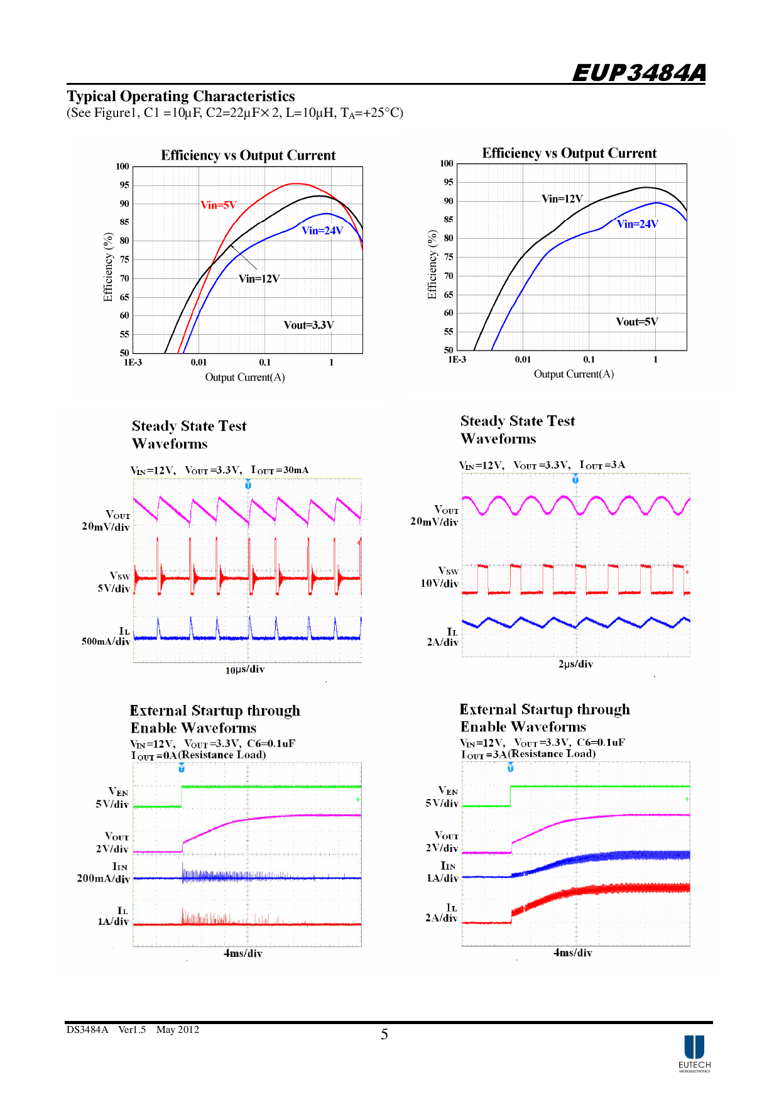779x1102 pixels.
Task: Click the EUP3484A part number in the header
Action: [x=638, y=73]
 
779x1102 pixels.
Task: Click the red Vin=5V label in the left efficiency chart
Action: [x=218, y=205]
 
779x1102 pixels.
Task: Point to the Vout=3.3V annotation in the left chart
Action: [x=308, y=325]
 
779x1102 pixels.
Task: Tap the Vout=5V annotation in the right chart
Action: [x=636, y=322]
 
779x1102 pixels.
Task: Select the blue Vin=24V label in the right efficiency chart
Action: [x=637, y=224]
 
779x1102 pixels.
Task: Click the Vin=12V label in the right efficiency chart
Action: [x=562, y=199]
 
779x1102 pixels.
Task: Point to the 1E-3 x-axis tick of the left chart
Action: [x=133, y=363]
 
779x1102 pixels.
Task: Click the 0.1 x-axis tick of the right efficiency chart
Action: [x=589, y=359]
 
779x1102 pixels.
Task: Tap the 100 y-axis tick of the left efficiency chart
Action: [x=122, y=166]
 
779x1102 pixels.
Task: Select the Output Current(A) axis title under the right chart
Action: [x=574, y=374]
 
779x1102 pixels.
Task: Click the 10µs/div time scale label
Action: [x=244, y=670]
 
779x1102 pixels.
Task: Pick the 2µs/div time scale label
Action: [x=575, y=664]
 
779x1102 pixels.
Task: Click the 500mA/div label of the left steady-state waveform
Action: [x=106, y=641]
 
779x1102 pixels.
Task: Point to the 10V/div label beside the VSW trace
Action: [x=439, y=584]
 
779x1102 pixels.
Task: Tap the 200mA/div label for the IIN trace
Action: [x=103, y=878]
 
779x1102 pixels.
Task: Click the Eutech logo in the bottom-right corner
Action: [x=694, y=1053]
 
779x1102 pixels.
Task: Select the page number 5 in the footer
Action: [x=384, y=1034]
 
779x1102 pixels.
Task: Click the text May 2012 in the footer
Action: [x=177, y=1030]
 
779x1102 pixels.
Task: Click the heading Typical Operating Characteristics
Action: [x=181, y=96]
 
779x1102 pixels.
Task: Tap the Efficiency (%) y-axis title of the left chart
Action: [x=108, y=267]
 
